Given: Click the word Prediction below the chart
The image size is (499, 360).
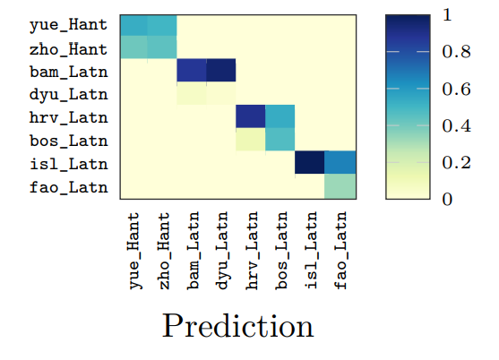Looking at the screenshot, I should click(x=238, y=325).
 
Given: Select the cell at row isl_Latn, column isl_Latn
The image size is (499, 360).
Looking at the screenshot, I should click(x=311, y=163).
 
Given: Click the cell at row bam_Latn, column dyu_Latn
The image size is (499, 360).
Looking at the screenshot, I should click(x=221, y=70).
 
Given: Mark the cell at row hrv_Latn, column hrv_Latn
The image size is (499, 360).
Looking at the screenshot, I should click(x=252, y=116).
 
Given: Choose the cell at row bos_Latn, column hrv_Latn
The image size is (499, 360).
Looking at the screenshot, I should click(x=252, y=140).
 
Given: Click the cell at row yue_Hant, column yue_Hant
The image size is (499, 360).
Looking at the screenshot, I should click(x=133, y=24).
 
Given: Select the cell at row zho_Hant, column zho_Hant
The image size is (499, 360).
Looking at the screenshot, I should click(x=162, y=47).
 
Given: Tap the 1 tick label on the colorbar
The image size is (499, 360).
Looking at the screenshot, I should click(x=448, y=15).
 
